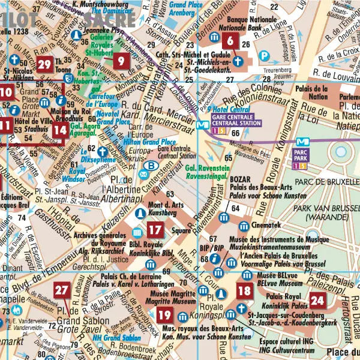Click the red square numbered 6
[230, 41]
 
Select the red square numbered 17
[155, 229]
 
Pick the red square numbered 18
[244, 292]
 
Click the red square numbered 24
[317, 301]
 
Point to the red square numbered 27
[62, 290]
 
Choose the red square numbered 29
[44, 65]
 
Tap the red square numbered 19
[166, 315]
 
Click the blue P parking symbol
[263, 56]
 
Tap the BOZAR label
[241, 179]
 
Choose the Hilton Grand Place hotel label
[149, 142]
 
